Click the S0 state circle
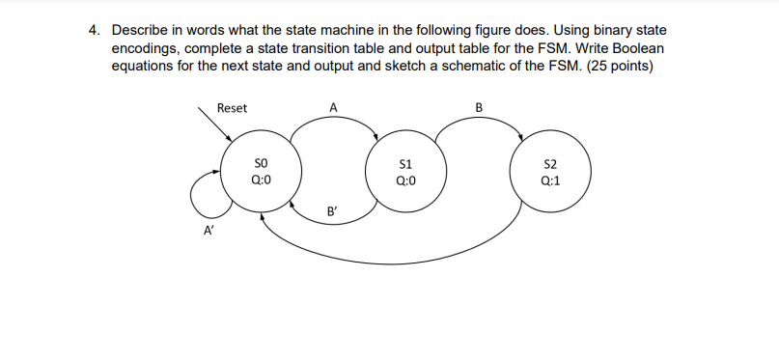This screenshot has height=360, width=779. [261, 172]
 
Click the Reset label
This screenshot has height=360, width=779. [232, 108]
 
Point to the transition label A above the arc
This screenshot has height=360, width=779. [333, 108]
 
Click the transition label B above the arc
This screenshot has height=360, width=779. [480, 107]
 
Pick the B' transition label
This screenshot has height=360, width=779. [333, 210]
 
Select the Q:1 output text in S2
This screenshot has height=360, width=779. [550, 180]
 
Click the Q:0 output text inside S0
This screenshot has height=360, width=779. [261, 180]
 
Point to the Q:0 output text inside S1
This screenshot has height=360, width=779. [405, 180]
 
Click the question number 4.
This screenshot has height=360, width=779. [93, 31]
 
